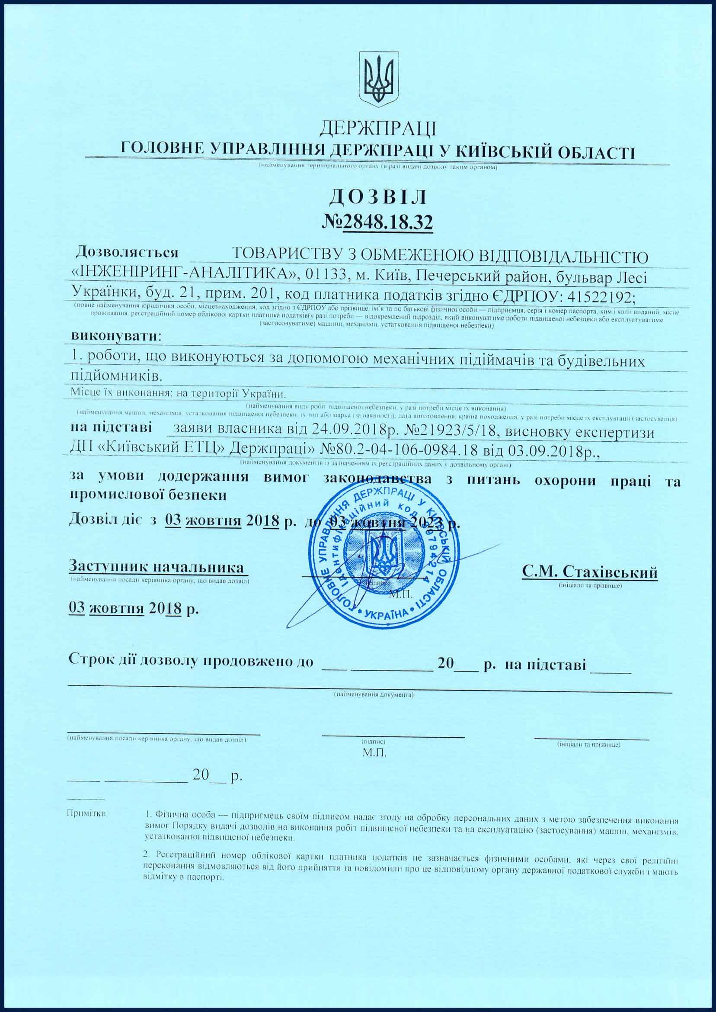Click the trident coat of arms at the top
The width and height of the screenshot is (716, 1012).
[379, 78]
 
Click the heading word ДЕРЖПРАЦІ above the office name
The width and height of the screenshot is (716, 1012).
[378, 129]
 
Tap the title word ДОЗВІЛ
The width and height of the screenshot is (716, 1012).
[378, 198]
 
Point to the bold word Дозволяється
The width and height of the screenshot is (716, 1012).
[127, 252]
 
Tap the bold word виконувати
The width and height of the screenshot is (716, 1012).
[114, 336]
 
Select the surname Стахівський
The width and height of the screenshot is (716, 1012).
[610, 572]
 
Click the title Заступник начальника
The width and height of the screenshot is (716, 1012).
[157, 566]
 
